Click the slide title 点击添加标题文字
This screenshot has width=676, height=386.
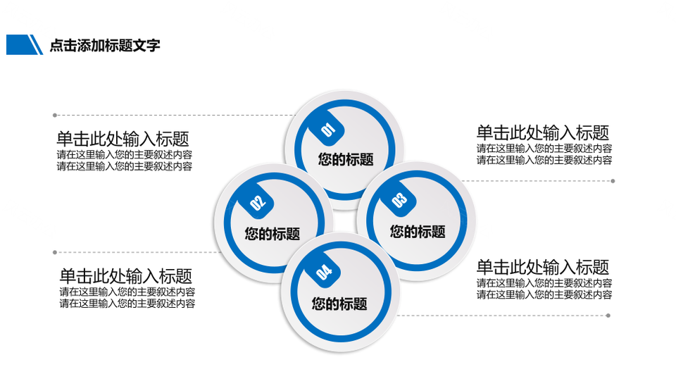point(105,45)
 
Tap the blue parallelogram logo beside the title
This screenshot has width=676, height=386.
point(25,45)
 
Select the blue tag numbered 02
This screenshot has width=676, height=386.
point(258,201)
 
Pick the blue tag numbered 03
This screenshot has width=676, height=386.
point(400,199)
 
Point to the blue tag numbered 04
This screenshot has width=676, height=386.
point(324,271)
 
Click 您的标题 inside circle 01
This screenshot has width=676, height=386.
point(346,160)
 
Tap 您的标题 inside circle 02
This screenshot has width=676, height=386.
point(273,234)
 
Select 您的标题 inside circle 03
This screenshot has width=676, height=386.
point(418,232)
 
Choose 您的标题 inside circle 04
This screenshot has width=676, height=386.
point(339,304)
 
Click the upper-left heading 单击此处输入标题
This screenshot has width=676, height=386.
point(123,139)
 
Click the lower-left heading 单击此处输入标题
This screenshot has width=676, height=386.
point(126,275)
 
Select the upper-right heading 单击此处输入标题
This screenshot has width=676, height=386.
point(543,132)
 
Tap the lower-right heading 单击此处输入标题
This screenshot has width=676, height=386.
point(543,267)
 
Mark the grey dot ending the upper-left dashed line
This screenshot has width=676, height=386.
point(55,115)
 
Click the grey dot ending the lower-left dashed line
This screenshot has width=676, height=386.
point(55,252)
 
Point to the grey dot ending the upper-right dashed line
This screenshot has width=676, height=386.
point(613,181)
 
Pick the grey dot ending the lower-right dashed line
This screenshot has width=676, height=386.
point(608,316)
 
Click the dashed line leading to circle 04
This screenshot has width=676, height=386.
point(502,316)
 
